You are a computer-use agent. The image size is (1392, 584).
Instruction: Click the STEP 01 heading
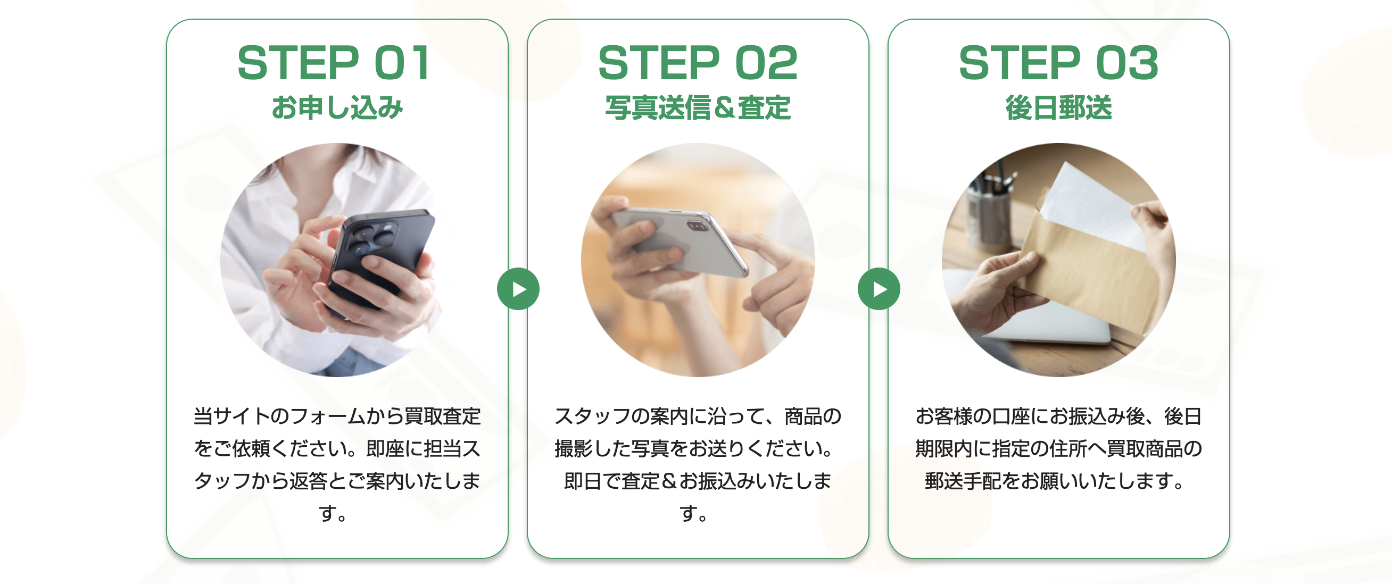334,63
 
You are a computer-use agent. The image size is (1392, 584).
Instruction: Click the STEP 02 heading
698,63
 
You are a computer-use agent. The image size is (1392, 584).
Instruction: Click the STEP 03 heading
1058,63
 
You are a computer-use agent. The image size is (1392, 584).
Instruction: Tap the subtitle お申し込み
337,107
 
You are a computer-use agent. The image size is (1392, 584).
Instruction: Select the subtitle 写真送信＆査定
698,107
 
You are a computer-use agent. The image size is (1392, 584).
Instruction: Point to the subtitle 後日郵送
1058,107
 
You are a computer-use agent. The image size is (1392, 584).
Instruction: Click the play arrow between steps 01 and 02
518,289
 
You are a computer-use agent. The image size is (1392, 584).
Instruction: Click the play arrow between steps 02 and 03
879,289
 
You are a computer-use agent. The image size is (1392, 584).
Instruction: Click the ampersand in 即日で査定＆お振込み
669,481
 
